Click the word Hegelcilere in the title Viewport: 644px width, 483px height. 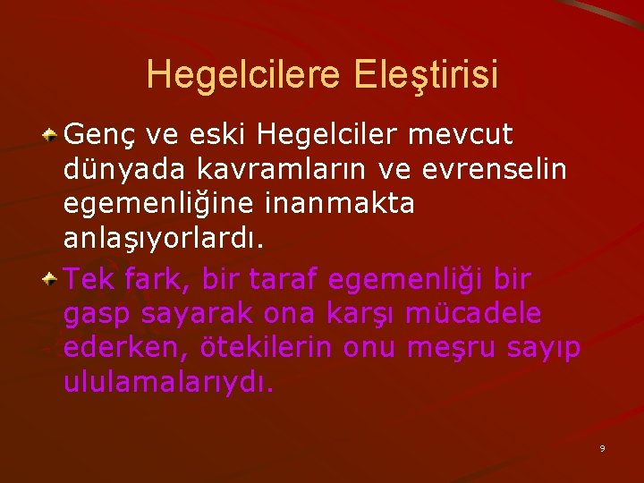coord(244,74)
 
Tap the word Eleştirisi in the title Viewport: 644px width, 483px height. coord(426,74)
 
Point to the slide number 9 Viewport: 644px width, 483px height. coord(602,447)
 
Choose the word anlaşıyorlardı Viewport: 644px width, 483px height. coord(164,237)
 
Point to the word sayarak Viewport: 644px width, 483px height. coord(188,314)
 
